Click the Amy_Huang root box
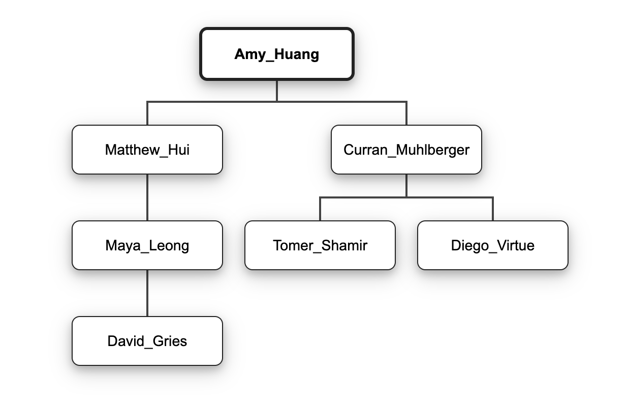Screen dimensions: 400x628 276,54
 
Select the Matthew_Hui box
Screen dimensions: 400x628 147,150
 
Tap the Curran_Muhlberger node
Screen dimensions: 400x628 406,150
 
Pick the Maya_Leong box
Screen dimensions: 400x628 147,245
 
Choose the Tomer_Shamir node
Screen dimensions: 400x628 320,245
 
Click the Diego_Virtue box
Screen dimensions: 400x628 492,245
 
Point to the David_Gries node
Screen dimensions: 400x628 147,341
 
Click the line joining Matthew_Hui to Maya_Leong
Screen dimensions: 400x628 147,197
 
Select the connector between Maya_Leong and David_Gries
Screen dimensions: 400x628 147,293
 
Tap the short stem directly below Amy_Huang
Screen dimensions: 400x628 277,91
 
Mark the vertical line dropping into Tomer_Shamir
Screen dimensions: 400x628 320,209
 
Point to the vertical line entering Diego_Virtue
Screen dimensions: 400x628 493,209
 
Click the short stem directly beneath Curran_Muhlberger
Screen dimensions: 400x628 406,185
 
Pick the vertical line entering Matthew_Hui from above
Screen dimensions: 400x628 147,113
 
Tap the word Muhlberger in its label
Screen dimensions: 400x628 433,150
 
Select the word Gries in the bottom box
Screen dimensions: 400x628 169,341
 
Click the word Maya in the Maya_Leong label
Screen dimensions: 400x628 120,246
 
